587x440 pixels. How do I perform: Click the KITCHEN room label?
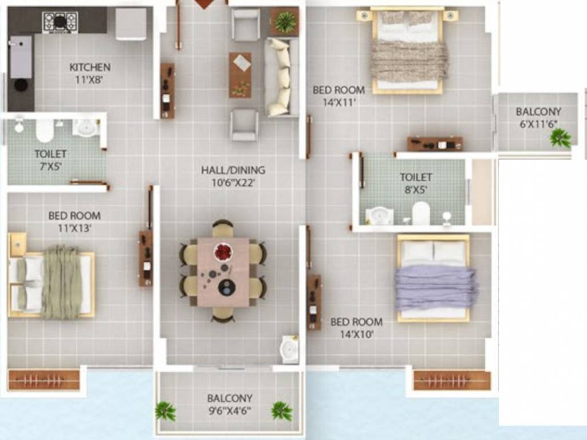[x=90, y=68]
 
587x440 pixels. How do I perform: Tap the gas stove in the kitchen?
[x=60, y=22]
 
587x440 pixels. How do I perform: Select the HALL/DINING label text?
[x=233, y=170]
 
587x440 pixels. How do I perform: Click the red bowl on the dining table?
[x=223, y=251]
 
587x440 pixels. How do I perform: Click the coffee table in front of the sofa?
[x=241, y=75]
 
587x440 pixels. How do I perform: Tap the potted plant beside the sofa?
[x=285, y=22]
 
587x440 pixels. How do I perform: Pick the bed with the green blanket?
[x=52, y=282]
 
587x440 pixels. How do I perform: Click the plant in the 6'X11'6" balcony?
[x=560, y=137]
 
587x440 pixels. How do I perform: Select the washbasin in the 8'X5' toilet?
[x=380, y=215]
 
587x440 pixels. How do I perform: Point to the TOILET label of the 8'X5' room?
[x=416, y=178]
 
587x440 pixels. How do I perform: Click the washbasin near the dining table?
[x=289, y=349]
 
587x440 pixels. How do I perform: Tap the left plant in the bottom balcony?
[x=166, y=410]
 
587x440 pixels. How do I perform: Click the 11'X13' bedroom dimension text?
[x=74, y=227]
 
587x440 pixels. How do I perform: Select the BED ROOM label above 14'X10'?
[x=356, y=322]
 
